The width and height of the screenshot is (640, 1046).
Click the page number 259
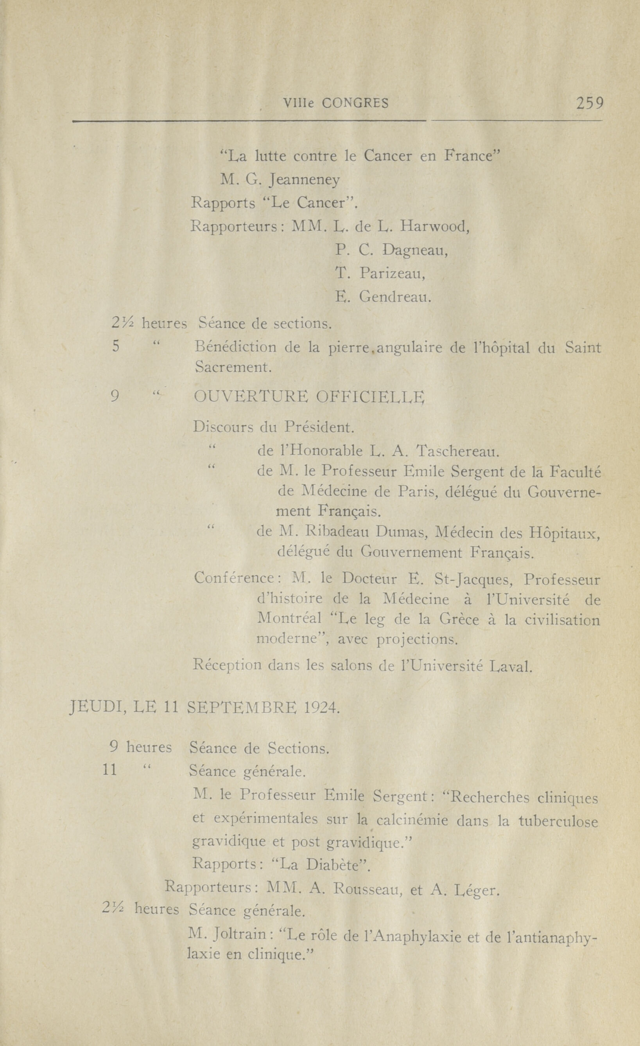[x=589, y=103]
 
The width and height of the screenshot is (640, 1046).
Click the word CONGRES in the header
[x=355, y=103]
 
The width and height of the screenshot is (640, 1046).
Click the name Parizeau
[x=392, y=274]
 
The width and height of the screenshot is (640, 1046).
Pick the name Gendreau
[x=395, y=297]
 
